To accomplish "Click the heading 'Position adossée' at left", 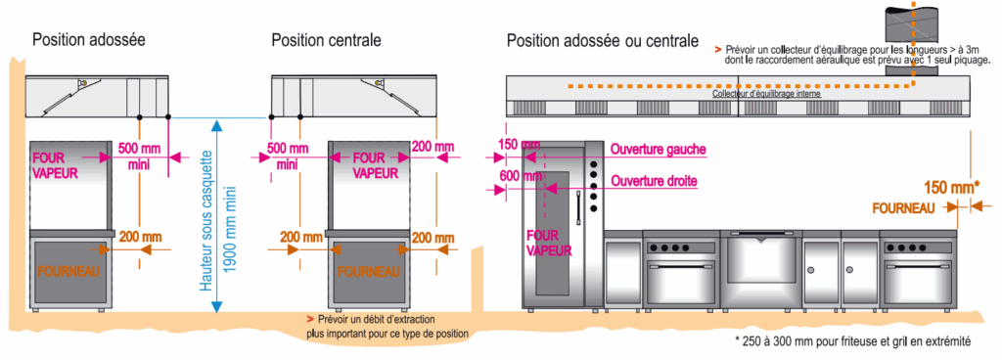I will pos(89,40).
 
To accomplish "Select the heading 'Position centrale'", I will pos(326,40).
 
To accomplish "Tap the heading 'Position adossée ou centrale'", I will pos(602,40).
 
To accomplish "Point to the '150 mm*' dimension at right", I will pos(950,185).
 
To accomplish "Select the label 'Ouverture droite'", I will pos(654,181).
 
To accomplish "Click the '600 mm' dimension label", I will pos(519,177).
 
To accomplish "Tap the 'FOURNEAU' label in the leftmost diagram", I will pos(68,270).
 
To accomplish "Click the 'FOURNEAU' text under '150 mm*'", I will pos(903,207).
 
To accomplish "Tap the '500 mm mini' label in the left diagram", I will pos(137,157).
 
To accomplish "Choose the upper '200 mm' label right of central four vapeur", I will pos(433,148).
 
